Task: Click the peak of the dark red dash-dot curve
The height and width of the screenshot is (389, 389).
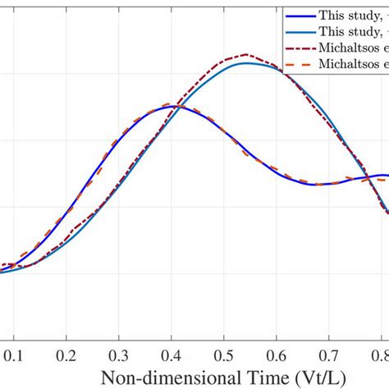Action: (247, 55)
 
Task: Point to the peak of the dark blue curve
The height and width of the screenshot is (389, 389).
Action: (172, 107)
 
